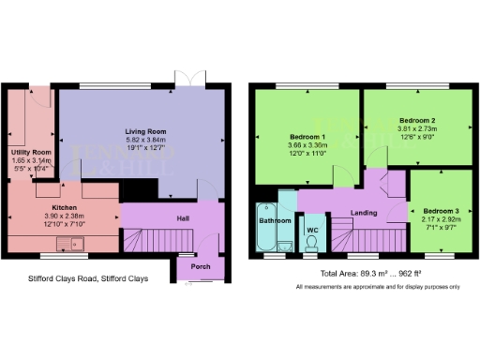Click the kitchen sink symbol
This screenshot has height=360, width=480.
[x=70, y=247]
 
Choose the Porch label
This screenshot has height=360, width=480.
[x=200, y=264]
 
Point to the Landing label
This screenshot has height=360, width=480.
[x=364, y=213]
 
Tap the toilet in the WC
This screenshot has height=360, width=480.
[x=311, y=246]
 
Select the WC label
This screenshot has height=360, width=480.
[x=311, y=226]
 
